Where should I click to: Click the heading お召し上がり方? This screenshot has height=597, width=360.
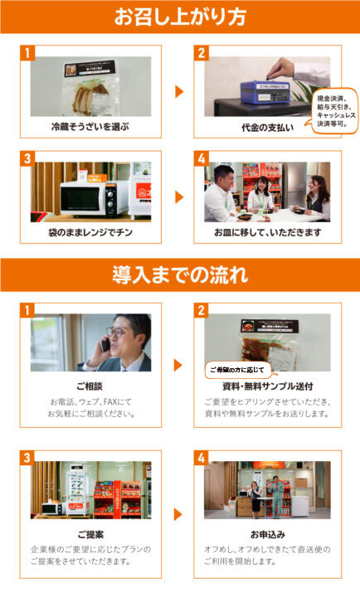[180, 17]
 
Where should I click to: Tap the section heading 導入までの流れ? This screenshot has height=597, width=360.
[180, 274]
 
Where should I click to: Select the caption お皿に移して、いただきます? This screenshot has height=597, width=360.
[267, 232]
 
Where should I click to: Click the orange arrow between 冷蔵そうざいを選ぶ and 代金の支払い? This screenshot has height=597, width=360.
[178, 91]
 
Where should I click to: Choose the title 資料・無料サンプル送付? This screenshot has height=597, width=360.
[267, 386]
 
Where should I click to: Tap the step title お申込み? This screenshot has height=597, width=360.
[267, 534]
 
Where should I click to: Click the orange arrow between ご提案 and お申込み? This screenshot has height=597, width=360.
[178, 514]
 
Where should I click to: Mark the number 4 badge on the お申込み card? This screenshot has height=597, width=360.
[201, 458]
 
